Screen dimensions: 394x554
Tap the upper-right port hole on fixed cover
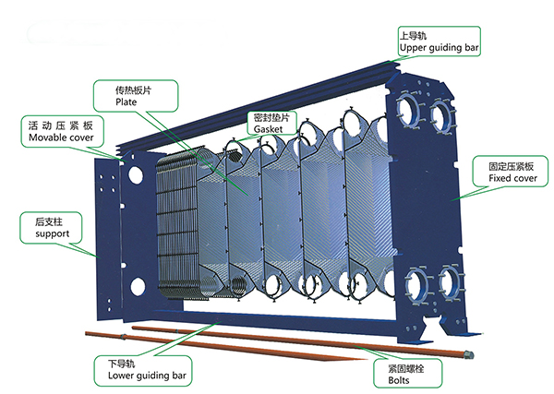[x=441, y=114]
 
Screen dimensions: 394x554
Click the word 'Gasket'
[x=269, y=131]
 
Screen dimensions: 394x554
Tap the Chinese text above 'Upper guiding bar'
[x=413, y=34]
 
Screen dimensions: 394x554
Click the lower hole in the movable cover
[x=136, y=282]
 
